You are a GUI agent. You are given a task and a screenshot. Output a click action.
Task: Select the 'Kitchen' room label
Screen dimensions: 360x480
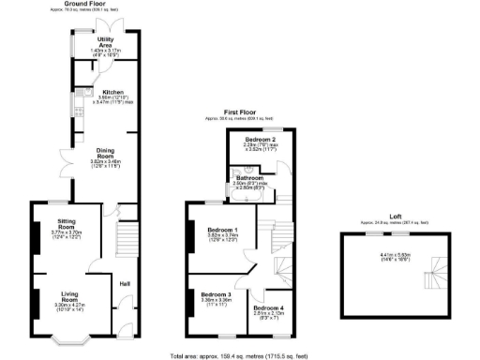pos(100,92)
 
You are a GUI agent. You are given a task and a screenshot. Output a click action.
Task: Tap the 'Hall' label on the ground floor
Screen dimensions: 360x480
pos(124,283)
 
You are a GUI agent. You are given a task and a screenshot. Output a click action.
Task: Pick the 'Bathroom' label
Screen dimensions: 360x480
pos(249,177)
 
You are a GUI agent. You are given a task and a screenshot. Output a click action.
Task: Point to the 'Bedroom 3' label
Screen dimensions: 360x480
pos(217,294)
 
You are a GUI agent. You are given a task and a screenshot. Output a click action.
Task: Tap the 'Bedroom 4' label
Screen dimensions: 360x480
pos(268,307)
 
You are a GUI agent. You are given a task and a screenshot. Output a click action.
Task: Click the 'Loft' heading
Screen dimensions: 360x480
pos(384,217)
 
